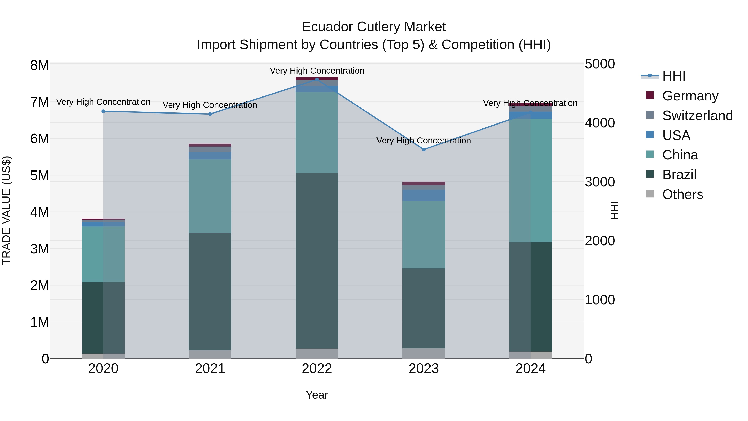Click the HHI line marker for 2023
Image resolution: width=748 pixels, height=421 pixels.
[x=424, y=150]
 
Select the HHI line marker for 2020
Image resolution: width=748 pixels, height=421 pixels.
[x=103, y=111]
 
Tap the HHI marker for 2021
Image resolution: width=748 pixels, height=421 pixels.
[x=210, y=114]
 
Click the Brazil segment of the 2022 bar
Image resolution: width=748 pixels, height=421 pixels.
[x=317, y=261]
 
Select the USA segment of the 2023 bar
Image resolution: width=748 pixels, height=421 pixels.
[x=424, y=195]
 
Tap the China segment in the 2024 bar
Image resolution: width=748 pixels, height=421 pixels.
[x=530, y=180]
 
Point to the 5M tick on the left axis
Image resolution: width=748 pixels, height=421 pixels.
[x=39, y=175]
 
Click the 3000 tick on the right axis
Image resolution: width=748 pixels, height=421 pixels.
[x=600, y=182]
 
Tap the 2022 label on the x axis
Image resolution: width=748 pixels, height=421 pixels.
[x=317, y=369]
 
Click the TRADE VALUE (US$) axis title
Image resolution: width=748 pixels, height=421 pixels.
[x=6, y=210]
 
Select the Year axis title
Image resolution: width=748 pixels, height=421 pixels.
[x=317, y=395]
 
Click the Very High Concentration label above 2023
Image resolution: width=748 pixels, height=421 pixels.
[x=424, y=141]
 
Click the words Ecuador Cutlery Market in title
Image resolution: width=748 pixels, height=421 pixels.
[x=374, y=27]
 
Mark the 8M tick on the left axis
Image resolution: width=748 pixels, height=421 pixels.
[x=39, y=65]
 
